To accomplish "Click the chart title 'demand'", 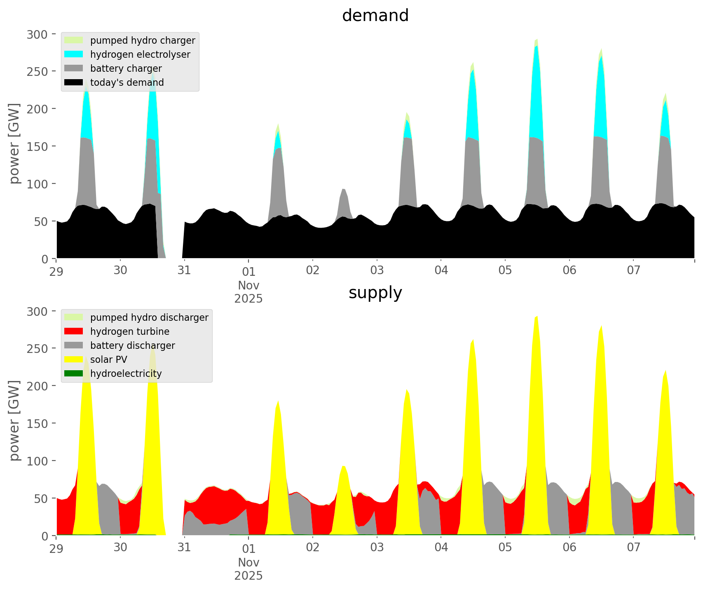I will (x=375, y=16).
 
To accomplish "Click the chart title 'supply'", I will (x=375, y=293).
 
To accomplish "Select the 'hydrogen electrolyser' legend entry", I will (x=140, y=54).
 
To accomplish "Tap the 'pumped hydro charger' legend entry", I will (x=143, y=40).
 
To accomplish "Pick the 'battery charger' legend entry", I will (x=126, y=68).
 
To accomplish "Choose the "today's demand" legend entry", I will (x=127, y=82).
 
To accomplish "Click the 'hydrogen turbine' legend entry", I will (x=130, y=331).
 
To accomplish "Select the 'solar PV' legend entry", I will (x=109, y=360).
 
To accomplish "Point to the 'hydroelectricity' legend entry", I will (x=126, y=374).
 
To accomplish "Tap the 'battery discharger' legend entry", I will (x=132, y=346).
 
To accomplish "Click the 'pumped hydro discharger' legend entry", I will (x=149, y=317).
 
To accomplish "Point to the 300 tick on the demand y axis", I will (x=37, y=34).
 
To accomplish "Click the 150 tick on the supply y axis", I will (x=37, y=423).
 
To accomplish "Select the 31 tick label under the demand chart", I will (x=184, y=270).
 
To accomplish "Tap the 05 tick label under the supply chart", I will (x=505, y=548).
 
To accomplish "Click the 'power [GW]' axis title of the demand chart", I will (x=14, y=143).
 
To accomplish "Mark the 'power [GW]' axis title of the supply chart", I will (x=14, y=421).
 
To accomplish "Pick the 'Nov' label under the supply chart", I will (x=248, y=562).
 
